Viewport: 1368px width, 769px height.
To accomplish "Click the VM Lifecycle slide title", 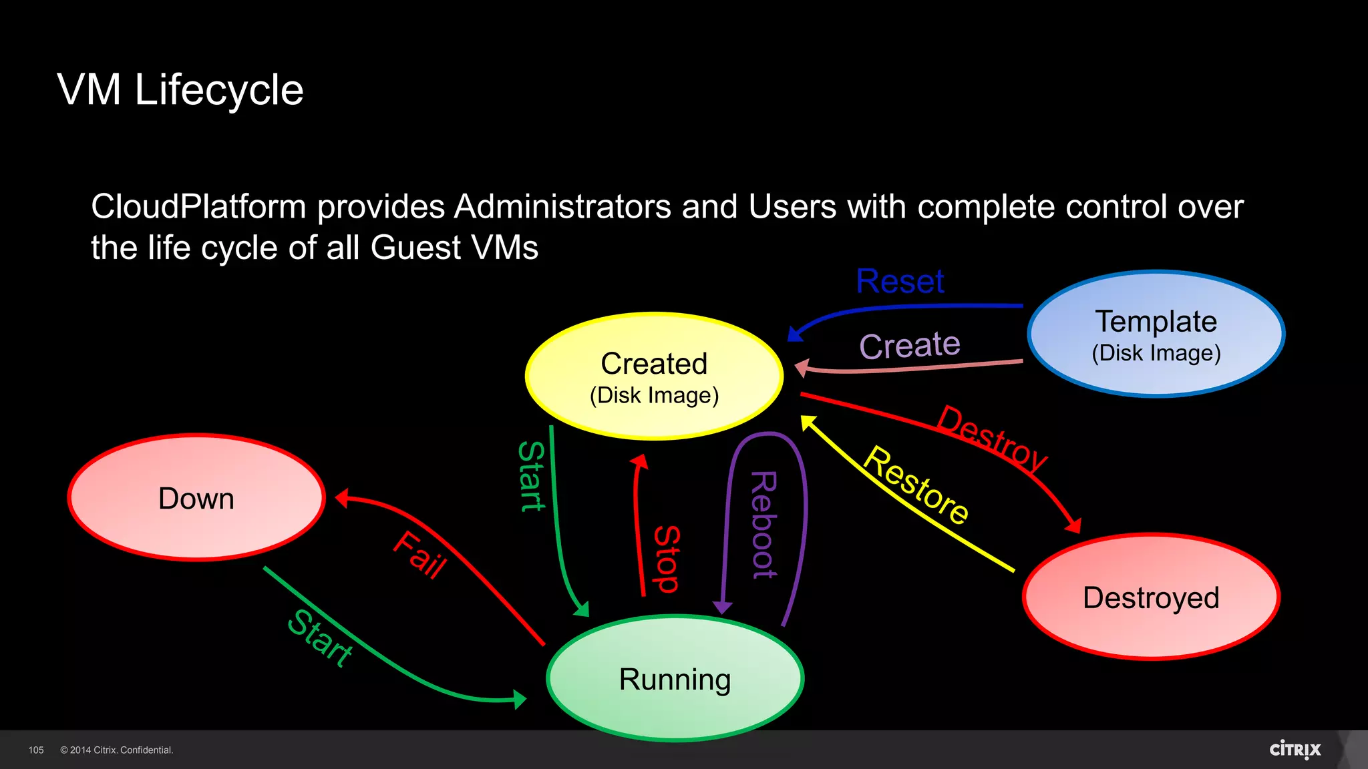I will point(180,89).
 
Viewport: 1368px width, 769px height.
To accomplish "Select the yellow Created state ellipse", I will point(654,376).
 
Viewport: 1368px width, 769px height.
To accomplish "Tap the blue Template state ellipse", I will point(1156,334).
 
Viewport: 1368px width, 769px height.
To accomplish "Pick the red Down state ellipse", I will point(196,498).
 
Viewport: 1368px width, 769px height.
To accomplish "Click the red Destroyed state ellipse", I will point(1151,597).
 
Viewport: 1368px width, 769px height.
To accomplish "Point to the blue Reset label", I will point(900,281).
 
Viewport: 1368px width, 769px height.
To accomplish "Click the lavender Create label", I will point(910,346).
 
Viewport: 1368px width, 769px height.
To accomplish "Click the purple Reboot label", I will point(763,525).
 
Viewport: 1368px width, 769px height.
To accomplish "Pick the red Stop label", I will point(666,559).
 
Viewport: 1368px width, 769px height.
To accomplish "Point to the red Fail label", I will point(419,555).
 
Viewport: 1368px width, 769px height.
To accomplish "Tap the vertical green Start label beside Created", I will point(532,476).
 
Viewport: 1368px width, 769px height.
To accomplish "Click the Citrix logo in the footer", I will point(1295,750).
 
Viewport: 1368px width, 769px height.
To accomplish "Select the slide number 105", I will point(36,750).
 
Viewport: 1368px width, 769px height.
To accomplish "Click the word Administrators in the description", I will point(562,207).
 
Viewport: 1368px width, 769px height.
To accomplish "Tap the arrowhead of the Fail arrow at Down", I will point(341,498).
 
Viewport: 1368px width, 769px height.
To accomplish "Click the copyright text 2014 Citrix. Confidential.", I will point(117,750).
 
